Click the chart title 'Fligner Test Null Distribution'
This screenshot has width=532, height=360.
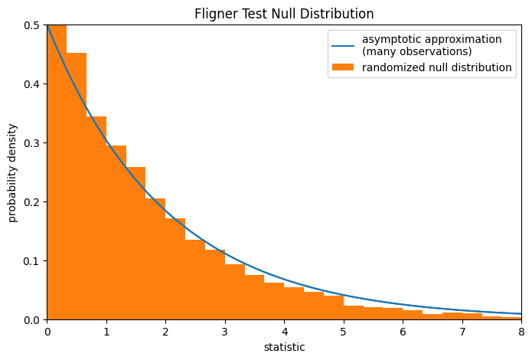[284, 14]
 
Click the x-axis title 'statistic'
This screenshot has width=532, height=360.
[284, 347]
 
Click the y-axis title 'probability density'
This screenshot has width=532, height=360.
[13, 172]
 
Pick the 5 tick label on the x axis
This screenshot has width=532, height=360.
[344, 332]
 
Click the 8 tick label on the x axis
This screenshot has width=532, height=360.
[521, 332]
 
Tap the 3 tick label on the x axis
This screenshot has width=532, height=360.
[225, 332]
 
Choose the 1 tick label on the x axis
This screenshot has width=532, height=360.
[106, 332]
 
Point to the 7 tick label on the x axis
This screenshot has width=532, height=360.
[462, 332]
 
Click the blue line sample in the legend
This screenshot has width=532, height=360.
[343, 45]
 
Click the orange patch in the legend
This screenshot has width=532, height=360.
[343, 67]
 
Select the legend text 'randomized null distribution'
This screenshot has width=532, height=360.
[437, 67]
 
